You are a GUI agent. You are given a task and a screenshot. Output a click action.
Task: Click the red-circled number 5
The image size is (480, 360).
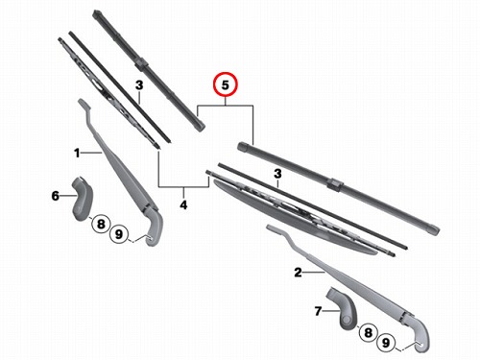pyautogui.click(x=226, y=85)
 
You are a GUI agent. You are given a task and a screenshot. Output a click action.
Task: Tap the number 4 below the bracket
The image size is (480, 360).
pyautogui.click(x=183, y=204)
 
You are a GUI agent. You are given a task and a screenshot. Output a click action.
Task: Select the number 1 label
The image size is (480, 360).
pyautogui.click(x=77, y=153)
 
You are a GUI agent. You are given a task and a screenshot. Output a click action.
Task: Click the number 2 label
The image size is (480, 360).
pyautogui.click(x=298, y=273)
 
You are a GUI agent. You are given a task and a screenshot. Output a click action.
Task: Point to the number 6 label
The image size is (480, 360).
pyautogui.click(x=56, y=196)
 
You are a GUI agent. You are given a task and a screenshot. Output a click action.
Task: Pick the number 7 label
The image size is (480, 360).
pyautogui.click(x=318, y=311)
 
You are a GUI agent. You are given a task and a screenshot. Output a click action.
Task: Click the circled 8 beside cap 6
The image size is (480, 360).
pyautogui.click(x=101, y=224)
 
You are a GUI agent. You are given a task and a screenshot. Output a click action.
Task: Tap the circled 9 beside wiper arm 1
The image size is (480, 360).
pyautogui.click(x=119, y=234)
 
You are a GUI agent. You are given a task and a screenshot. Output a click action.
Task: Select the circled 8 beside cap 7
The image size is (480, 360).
pyautogui.click(x=369, y=332)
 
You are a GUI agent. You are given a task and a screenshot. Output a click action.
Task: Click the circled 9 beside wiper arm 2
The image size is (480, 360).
pyautogui.click(x=386, y=343)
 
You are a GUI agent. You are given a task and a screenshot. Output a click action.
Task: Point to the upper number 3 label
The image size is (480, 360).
pyautogui.click(x=139, y=85)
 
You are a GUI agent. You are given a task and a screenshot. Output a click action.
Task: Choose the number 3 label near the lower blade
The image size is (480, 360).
pyautogui.click(x=277, y=174)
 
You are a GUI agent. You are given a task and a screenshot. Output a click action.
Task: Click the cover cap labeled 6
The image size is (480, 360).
pyautogui.click(x=82, y=199)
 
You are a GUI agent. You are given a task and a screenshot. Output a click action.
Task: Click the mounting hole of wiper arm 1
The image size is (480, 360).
pyautogui.click(x=150, y=237)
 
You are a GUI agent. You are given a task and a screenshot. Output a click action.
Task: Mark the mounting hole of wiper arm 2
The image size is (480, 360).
pyautogui.click(x=420, y=345)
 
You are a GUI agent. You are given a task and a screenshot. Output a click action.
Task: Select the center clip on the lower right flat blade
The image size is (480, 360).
pyautogui.click(x=335, y=184)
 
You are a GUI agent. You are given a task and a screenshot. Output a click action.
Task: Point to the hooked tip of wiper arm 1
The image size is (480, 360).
pyautogui.click(x=83, y=103)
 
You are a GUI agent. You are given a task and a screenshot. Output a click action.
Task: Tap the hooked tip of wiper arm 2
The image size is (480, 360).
pyautogui.click(x=272, y=228)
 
